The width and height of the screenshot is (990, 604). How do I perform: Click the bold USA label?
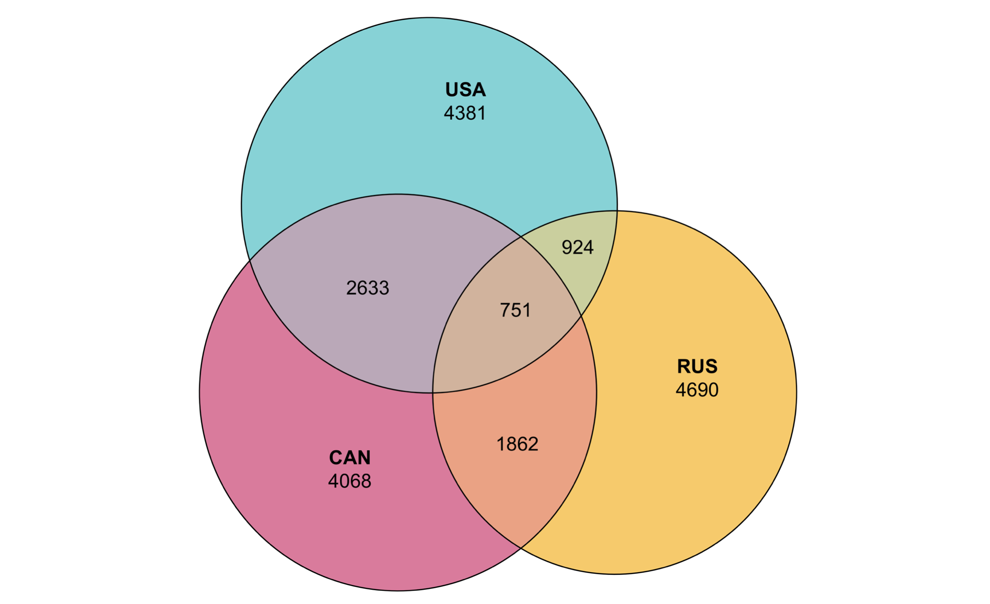465,90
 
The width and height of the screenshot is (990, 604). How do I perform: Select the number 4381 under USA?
465,113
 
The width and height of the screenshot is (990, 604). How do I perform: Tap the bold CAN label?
350,457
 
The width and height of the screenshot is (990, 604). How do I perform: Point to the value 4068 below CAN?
350,481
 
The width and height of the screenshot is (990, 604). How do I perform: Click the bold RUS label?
697,366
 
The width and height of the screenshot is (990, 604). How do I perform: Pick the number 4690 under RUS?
697,390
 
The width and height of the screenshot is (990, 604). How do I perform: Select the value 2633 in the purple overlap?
367,288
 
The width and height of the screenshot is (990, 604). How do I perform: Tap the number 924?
577,247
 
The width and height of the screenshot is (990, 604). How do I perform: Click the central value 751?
515,310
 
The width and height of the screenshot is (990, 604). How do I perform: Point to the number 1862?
517,444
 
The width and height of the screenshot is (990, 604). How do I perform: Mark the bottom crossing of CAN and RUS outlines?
521,548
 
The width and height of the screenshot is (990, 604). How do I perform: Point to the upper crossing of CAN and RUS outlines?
520,237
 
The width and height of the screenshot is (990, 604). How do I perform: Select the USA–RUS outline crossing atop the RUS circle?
617,211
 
